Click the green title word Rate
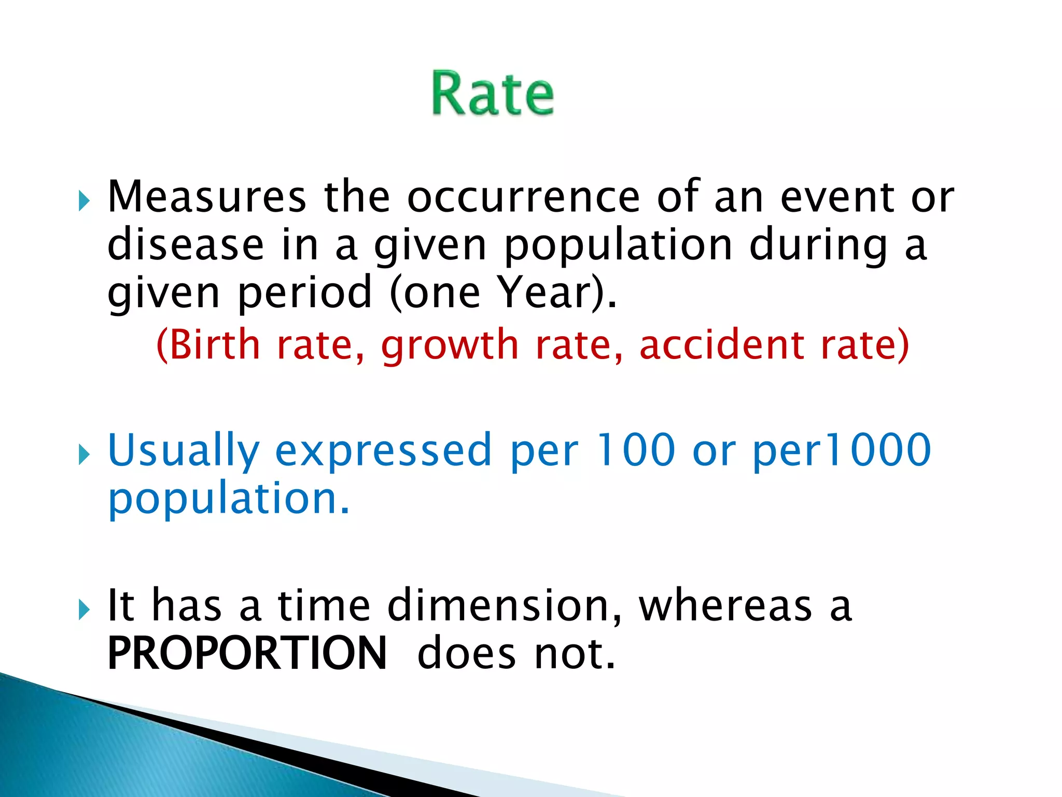point(493,93)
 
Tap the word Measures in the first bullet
point(206,197)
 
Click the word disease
point(185,244)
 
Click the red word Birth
point(214,345)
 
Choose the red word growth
point(450,346)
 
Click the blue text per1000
point(841,450)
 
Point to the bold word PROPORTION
point(247,653)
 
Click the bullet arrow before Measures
point(84,200)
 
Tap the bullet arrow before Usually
point(84,455)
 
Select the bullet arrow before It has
point(84,610)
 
